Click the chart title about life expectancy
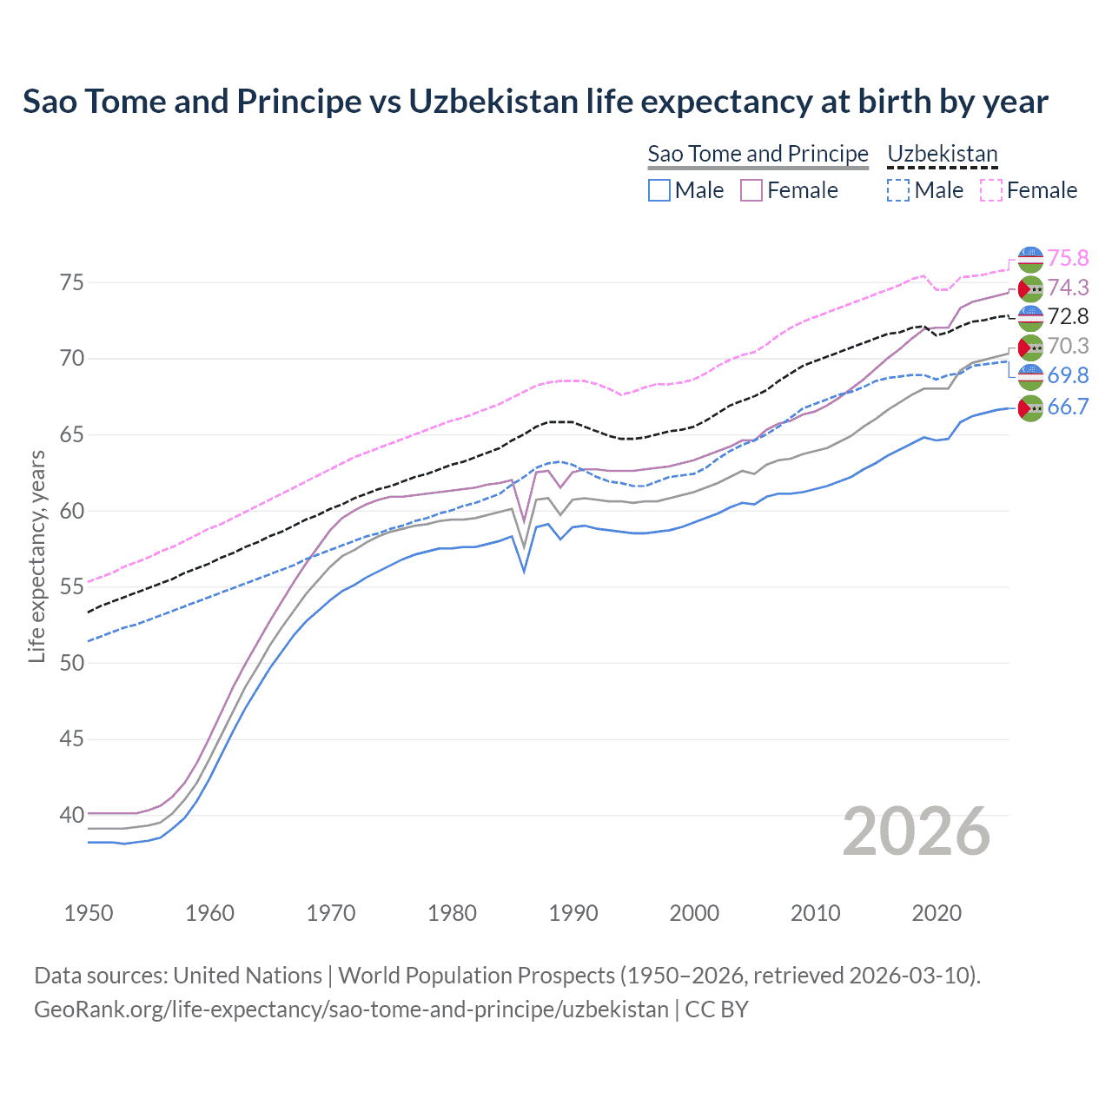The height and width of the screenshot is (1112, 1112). (535, 102)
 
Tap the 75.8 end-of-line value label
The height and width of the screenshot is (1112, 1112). (1068, 258)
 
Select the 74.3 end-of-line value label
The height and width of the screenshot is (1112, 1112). (1068, 288)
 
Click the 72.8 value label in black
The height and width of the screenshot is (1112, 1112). (1068, 316)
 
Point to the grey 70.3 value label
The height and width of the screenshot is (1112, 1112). (1068, 346)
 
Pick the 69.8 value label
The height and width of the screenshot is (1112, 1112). (1068, 375)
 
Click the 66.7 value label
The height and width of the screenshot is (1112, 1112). (1068, 407)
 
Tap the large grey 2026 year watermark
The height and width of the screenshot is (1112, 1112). (916, 831)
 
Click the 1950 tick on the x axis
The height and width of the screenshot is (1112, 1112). (89, 913)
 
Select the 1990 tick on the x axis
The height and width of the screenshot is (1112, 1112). (573, 913)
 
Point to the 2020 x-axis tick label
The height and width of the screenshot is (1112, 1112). (937, 913)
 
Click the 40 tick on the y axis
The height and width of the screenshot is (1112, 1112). (71, 815)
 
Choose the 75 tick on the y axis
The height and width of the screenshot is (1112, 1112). (71, 282)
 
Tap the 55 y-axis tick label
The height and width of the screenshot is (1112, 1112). (71, 586)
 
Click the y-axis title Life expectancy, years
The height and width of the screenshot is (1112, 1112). (36, 556)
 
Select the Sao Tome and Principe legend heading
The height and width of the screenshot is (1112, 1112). (758, 154)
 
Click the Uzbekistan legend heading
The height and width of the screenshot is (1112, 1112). (942, 154)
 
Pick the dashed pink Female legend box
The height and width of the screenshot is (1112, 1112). (991, 190)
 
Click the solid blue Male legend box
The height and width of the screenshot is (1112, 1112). (659, 190)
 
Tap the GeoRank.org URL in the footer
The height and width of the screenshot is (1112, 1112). (351, 1009)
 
